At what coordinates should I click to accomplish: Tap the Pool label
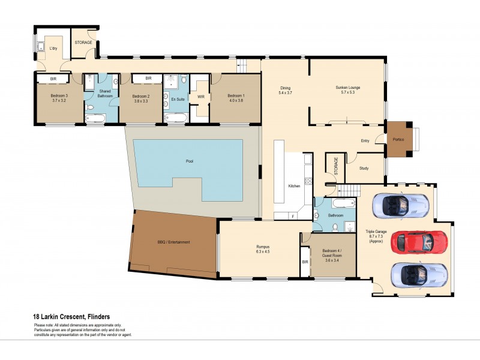(x=190, y=162)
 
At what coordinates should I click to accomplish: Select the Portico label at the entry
(x=398, y=140)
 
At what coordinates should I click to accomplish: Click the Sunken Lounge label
(x=347, y=88)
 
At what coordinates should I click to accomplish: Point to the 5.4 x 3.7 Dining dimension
(x=285, y=93)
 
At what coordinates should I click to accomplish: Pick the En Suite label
(x=178, y=99)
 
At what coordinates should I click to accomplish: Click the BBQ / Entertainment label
(x=173, y=242)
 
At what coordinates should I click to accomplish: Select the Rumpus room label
(x=263, y=246)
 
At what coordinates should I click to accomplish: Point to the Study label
(x=364, y=168)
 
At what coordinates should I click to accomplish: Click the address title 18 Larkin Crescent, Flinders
(x=71, y=317)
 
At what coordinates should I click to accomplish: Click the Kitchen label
(x=293, y=186)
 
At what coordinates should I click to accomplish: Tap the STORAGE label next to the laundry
(x=83, y=43)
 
